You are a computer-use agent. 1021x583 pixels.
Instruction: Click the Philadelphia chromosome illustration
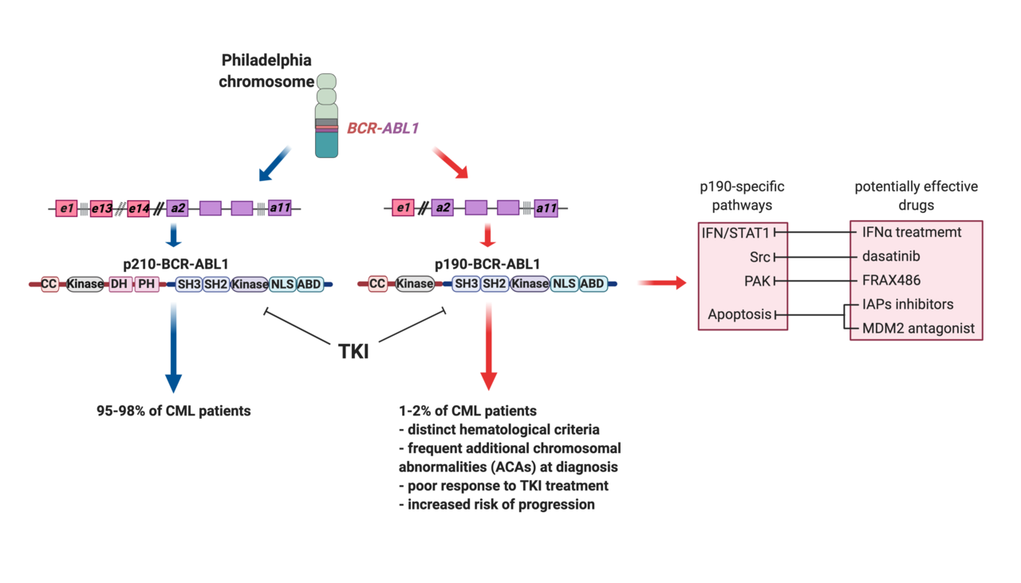click(326, 115)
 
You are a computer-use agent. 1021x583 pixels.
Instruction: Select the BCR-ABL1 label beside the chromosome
click(382, 127)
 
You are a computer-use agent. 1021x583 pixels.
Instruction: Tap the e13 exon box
click(102, 209)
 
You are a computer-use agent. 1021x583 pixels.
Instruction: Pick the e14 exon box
click(139, 209)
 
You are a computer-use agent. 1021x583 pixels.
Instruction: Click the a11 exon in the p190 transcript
click(546, 209)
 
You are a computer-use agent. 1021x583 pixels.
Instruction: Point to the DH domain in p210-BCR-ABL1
click(120, 283)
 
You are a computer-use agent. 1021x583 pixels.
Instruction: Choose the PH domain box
click(147, 283)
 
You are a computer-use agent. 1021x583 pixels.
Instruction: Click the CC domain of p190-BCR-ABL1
click(377, 283)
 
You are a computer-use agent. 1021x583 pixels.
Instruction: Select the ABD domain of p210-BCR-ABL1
click(309, 283)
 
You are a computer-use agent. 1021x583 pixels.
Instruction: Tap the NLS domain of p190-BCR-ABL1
click(564, 283)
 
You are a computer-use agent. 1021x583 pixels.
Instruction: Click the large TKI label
click(353, 350)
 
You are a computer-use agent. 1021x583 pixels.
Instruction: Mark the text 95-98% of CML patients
click(173, 412)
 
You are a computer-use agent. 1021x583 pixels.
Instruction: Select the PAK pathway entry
click(758, 281)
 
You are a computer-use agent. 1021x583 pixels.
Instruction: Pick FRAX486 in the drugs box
click(891, 281)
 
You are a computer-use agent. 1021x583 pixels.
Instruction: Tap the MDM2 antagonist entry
click(918, 328)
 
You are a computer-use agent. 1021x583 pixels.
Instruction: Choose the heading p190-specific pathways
click(742, 195)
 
